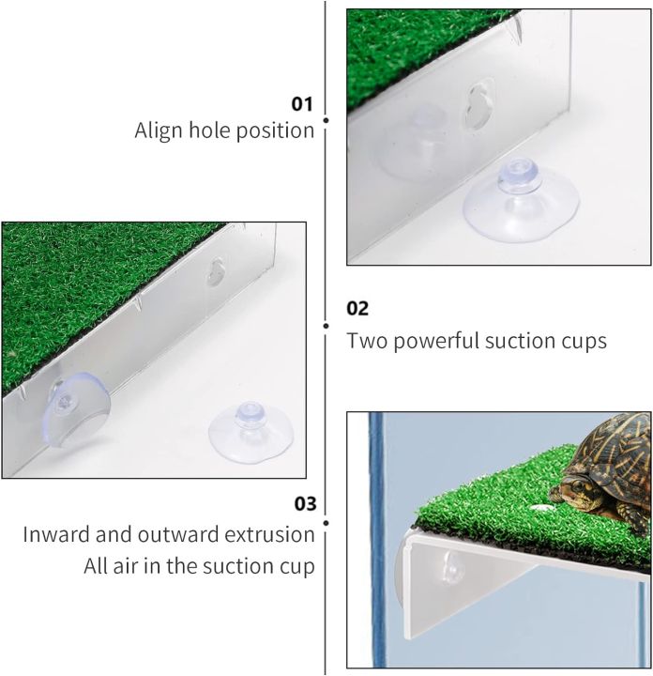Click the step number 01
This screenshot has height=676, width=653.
302,103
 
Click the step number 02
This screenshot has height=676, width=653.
357,308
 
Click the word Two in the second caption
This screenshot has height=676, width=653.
366,340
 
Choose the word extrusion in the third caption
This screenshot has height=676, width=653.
267,534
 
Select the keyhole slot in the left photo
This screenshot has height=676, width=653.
217,273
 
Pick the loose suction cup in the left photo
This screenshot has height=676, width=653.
251,434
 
